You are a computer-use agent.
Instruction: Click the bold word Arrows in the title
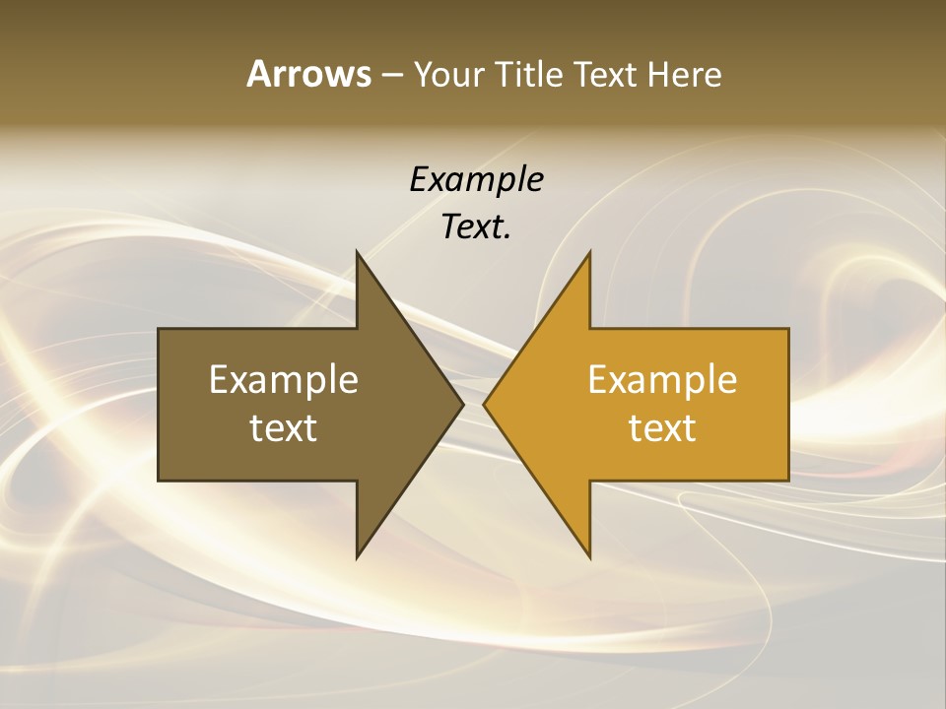pos(308,74)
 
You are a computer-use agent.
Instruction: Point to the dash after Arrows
pos(390,76)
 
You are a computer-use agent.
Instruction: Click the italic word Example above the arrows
pos(476,179)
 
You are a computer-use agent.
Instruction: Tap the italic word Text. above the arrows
pos(476,227)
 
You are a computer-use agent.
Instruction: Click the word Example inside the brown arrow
pos(284,380)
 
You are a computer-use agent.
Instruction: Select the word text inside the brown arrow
pos(284,428)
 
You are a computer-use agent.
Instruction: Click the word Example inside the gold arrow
pos(662,380)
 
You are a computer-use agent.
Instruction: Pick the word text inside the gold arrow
pos(662,428)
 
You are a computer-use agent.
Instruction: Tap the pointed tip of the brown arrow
pos(463,404)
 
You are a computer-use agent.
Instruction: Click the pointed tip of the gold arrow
pos(484,404)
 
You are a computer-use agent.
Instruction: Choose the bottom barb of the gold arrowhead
pos(590,557)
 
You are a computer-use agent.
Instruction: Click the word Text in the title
pos(606,74)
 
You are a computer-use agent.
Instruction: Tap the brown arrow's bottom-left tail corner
pos(160,480)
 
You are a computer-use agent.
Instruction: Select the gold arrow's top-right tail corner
pos(787,330)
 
